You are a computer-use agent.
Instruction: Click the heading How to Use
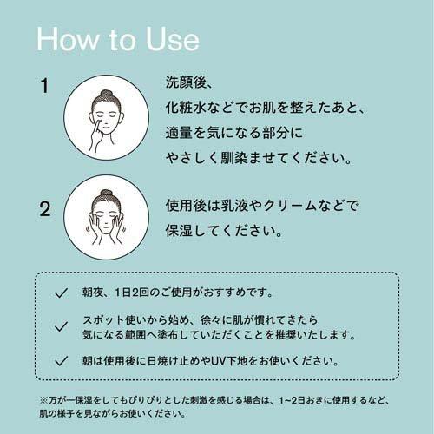tap(118, 40)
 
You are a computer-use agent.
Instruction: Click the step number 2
tap(44, 209)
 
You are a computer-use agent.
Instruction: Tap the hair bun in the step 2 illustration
tap(106, 194)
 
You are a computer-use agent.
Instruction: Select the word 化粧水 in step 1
tap(185, 110)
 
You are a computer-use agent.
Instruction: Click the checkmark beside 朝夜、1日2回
tap(60, 293)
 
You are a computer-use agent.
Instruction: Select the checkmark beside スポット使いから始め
tap(60, 326)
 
